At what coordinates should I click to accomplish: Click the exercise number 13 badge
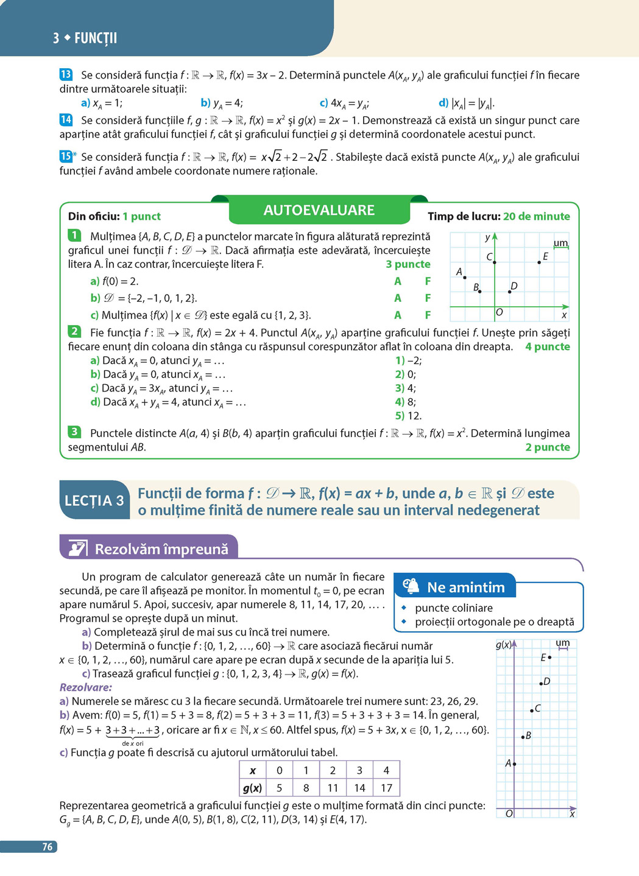[x=66, y=75]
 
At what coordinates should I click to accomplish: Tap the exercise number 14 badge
[x=66, y=120]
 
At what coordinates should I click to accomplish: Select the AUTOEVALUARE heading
[x=319, y=211]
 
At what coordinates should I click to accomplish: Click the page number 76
[x=48, y=847]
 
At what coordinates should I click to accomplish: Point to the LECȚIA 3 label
[x=94, y=501]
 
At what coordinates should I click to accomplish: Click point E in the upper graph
[x=539, y=262]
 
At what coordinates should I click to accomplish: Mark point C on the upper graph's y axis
[x=494, y=262]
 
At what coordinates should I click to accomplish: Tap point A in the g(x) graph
[x=514, y=763]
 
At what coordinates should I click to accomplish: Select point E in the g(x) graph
[x=549, y=657]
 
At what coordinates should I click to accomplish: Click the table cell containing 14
[x=359, y=788]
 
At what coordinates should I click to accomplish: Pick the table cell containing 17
[x=386, y=788]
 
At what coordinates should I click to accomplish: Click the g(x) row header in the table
[x=252, y=788]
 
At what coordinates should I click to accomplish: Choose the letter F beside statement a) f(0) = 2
[x=428, y=281]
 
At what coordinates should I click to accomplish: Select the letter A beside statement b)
[x=398, y=298]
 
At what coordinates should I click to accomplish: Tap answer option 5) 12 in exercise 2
[x=408, y=416]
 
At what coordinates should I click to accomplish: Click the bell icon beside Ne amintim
[x=412, y=586]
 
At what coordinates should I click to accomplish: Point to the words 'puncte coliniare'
[x=454, y=608]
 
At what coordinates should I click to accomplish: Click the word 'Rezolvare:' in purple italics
[x=86, y=687]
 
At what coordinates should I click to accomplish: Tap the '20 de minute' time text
[x=537, y=216]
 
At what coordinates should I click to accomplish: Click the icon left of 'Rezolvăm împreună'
[x=77, y=548]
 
